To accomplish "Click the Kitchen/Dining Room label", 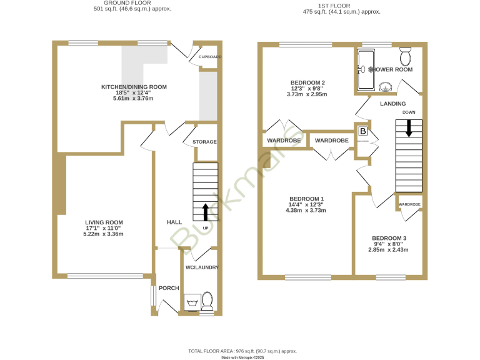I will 134,87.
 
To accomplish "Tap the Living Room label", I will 104,222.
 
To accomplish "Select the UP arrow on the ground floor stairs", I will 205,212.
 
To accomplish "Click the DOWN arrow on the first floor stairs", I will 409,128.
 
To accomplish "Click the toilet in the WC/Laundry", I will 207,301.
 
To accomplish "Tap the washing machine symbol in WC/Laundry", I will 191,302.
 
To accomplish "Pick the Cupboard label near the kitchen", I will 209,57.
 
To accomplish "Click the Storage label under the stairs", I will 204,142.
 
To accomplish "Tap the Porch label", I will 169,288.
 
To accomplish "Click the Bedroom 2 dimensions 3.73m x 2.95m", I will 307,94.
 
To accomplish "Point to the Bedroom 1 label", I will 306,199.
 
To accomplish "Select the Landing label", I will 392,104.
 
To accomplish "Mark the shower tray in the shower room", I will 364,69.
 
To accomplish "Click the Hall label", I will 174,222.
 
